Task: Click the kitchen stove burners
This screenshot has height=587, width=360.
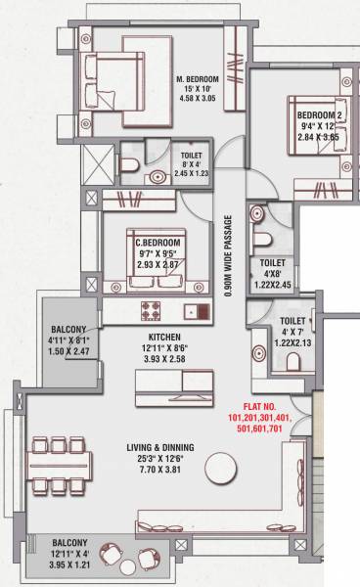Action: click(x=153, y=312)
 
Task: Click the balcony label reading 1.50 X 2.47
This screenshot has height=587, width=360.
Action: click(x=68, y=350)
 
